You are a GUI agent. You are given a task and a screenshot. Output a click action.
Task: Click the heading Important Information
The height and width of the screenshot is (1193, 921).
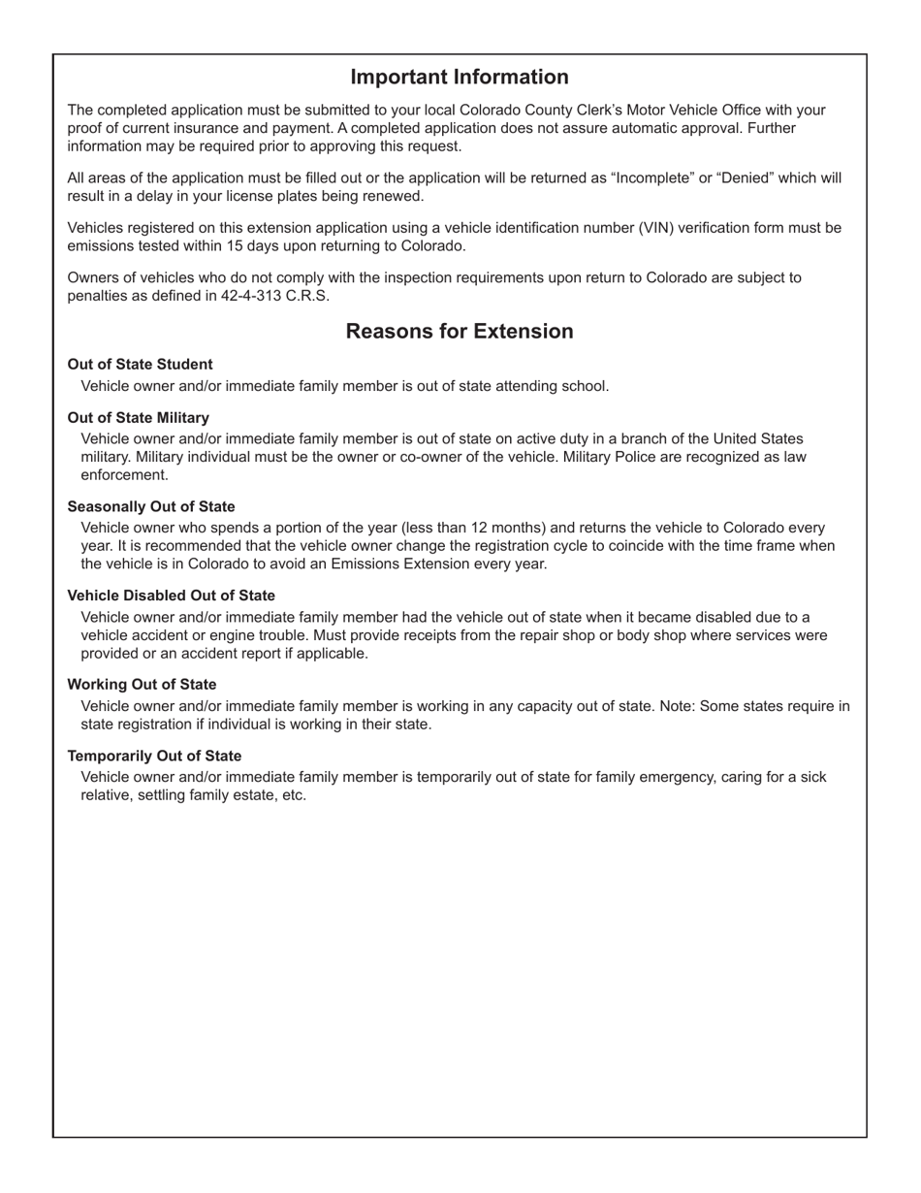click(x=459, y=78)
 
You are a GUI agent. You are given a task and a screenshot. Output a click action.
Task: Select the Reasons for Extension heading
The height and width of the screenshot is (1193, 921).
click(x=459, y=332)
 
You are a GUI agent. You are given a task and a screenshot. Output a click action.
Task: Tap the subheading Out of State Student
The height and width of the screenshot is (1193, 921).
click(x=140, y=365)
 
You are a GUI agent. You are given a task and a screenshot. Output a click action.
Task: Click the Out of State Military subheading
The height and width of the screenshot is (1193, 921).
click(x=138, y=418)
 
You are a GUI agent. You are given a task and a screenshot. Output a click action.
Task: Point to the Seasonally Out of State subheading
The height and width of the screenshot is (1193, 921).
click(x=150, y=507)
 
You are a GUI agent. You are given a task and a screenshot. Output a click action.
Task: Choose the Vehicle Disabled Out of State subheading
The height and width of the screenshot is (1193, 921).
click(x=171, y=596)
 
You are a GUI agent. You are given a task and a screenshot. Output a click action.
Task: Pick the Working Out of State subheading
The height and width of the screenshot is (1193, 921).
click(x=142, y=685)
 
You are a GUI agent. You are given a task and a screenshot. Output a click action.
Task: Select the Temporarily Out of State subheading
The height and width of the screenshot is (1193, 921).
click(x=154, y=756)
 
